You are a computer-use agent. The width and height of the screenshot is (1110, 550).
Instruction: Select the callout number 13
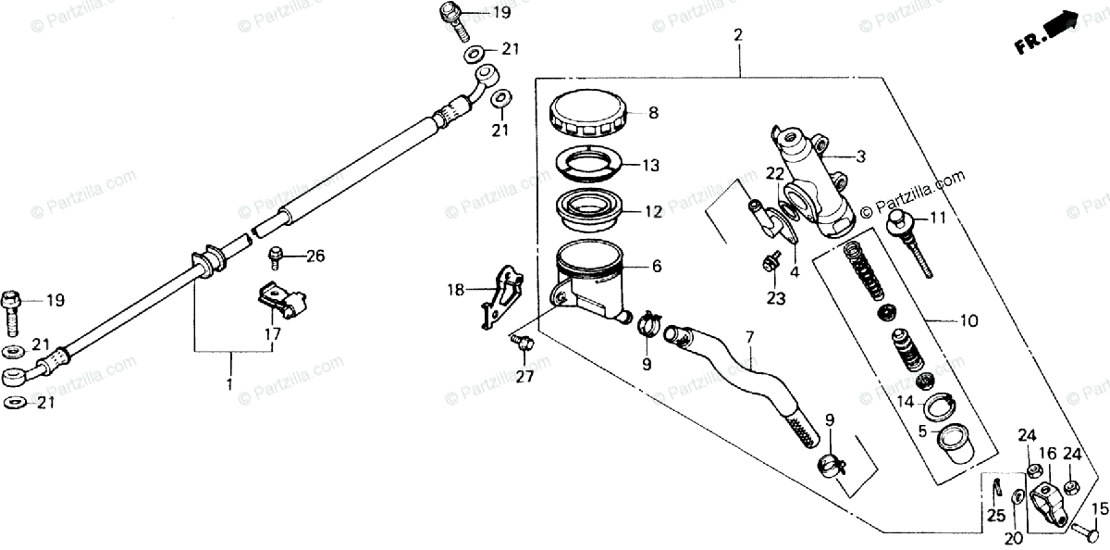point(651,166)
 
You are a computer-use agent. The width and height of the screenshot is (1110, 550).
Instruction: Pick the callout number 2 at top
point(738,36)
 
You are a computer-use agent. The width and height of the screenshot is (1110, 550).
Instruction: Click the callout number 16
point(1047,453)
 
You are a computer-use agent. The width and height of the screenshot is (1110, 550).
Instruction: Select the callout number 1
point(230,383)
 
